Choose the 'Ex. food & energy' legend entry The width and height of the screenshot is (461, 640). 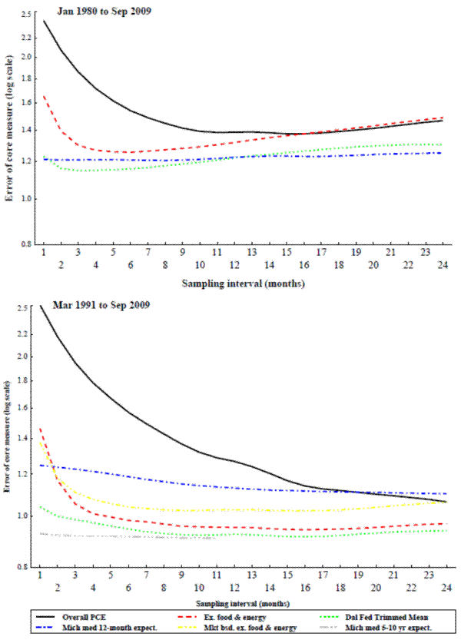click(234, 617)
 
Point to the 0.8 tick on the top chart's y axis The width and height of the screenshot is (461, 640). click(26, 245)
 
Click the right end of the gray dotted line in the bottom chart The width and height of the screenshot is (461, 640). click(216, 539)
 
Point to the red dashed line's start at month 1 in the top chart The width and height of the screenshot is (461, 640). click(44, 96)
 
